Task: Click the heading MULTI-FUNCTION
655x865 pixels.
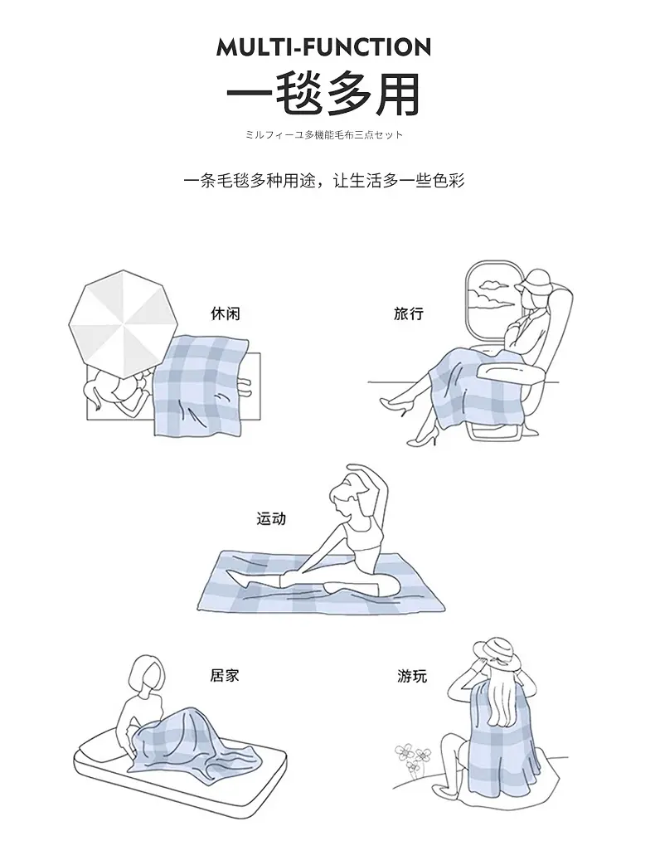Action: (x=323, y=47)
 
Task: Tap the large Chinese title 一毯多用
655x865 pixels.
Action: (x=323, y=94)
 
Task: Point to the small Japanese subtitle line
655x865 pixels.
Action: (x=324, y=134)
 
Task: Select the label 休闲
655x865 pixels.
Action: (x=226, y=313)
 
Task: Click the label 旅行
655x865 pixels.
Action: (x=409, y=313)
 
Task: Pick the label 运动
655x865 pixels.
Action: (x=271, y=518)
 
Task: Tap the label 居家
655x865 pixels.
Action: (x=225, y=675)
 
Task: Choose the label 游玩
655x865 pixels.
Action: (x=412, y=676)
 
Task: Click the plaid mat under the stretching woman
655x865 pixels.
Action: (x=321, y=582)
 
